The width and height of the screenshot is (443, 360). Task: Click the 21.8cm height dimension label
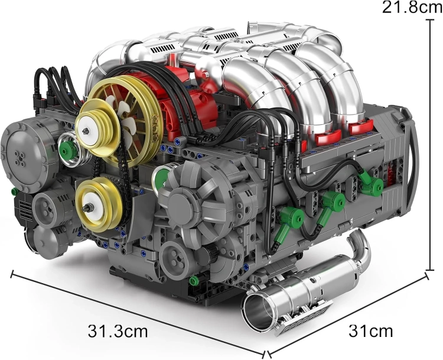(x=412, y=8)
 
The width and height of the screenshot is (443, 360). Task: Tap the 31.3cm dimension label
(x=118, y=331)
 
